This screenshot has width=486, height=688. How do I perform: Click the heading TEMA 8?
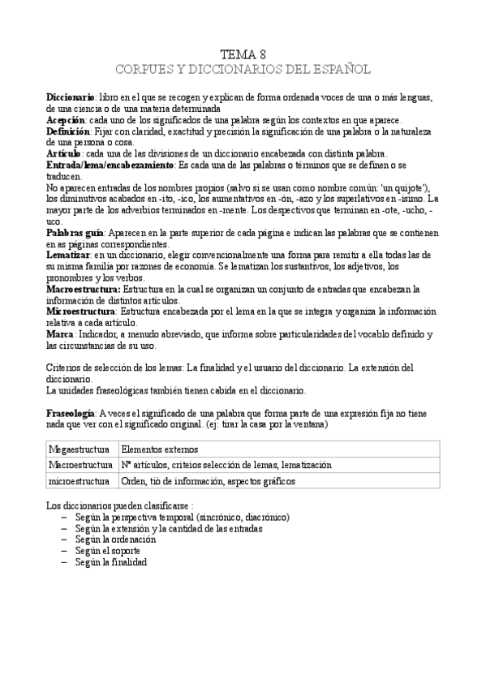pyautogui.click(x=243, y=54)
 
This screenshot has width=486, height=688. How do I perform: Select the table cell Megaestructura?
pyautogui.click(x=80, y=449)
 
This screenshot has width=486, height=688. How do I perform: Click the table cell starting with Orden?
pyautogui.click(x=208, y=481)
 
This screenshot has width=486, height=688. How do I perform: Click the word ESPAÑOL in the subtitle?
pyautogui.click(x=340, y=69)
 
